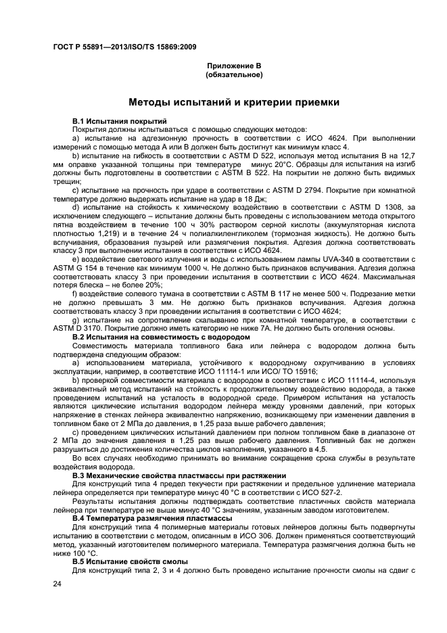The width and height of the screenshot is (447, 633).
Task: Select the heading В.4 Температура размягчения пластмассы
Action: pos(152,517)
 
